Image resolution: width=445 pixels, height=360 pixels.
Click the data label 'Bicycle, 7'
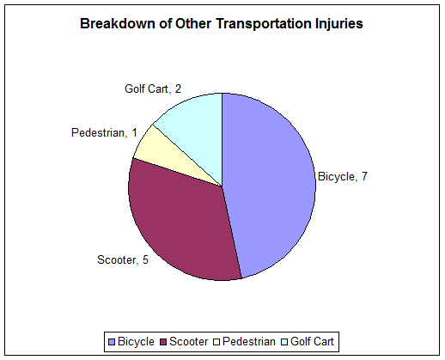343,177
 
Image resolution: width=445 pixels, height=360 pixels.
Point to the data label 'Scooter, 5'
123,259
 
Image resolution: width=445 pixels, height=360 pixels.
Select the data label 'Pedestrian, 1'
104,132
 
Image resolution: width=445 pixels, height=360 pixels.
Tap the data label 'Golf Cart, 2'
153,88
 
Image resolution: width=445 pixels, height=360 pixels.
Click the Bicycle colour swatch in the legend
112,342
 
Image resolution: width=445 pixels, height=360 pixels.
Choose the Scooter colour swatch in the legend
163,342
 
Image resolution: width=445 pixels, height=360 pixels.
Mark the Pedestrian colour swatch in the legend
216,342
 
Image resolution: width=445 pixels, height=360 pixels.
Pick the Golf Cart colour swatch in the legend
284,342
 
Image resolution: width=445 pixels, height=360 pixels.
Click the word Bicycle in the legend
136,342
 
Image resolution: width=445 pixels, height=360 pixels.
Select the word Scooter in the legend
189,342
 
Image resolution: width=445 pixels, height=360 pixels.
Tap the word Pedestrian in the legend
249,342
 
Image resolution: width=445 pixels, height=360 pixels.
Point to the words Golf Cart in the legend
312,342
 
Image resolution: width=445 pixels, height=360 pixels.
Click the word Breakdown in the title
118,23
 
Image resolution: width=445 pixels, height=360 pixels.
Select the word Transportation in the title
264,24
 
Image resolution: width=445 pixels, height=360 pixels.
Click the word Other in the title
193,23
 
